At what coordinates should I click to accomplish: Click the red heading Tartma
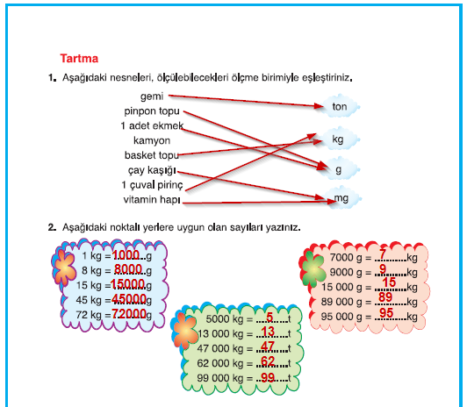tap(79, 58)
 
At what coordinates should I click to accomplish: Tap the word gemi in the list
tap(152, 96)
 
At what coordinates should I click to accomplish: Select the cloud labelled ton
tap(340, 106)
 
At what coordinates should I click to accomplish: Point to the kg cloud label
tap(338, 139)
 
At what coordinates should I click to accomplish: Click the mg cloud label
tap(341, 197)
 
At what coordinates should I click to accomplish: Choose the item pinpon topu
tap(152, 111)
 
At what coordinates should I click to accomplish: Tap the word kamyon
tap(152, 140)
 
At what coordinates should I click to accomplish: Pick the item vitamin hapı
tap(152, 199)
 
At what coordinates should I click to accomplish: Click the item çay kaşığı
tap(152, 170)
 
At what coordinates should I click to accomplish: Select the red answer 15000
tap(128, 284)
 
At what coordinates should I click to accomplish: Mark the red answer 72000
tap(129, 313)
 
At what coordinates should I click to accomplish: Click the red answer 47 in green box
tap(268, 346)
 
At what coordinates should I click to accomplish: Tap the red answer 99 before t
tap(268, 377)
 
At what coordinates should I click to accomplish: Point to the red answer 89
tap(385, 297)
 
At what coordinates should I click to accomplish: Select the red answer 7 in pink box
tap(383, 254)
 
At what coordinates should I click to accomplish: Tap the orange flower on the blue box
tap(64, 268)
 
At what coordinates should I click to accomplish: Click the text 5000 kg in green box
tap(225, 319)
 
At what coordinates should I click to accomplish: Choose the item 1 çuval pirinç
tap(152, 185)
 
